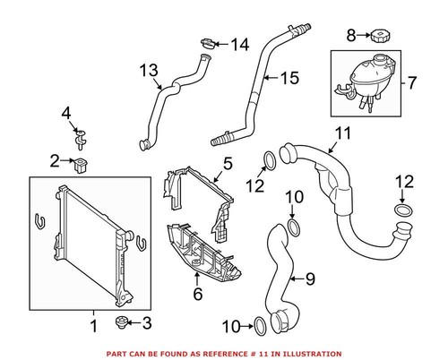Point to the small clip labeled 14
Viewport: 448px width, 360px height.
208,43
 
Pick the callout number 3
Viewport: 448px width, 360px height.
148,322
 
